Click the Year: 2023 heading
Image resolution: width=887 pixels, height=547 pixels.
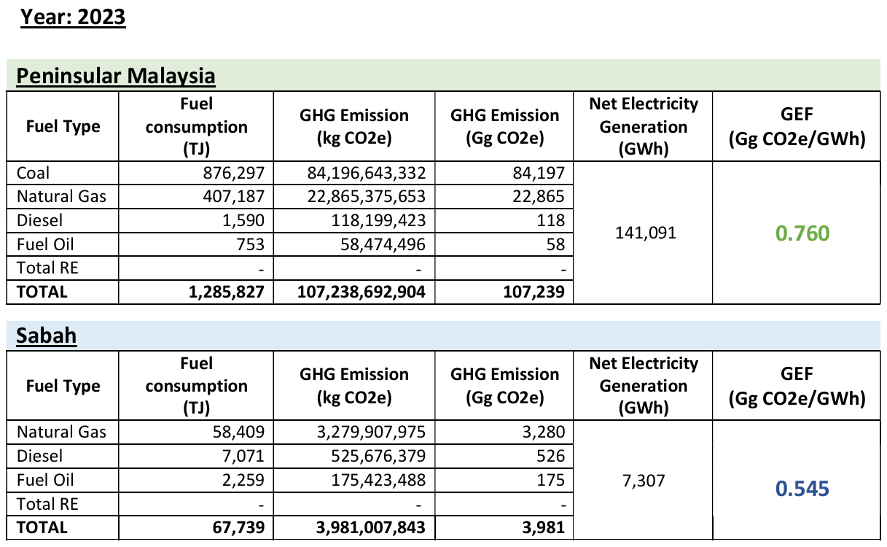click(x=73, y=16)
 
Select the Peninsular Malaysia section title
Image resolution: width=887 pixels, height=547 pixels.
click(x=116, y=76)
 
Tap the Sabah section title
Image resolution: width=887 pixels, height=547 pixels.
click(x=47, y=335)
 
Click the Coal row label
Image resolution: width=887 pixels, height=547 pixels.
click(x=34, y=174)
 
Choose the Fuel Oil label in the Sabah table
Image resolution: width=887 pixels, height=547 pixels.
click(x=45, y=480)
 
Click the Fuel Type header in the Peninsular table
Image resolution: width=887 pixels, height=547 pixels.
click(x=63, y=127)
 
